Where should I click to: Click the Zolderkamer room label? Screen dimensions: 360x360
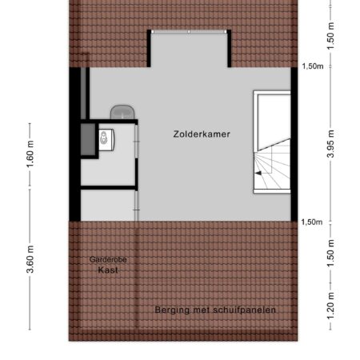coord(202,134)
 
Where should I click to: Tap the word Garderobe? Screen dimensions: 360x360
coord(108,259)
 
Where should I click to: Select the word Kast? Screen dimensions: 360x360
coord(108,270)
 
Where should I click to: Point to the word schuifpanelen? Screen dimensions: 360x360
coord(245,310)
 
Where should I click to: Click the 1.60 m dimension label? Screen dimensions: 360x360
coord(30,154)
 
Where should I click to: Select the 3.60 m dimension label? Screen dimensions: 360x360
coord(30,259)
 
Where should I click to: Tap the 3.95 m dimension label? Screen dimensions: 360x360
coord(330,144)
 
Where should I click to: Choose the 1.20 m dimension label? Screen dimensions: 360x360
coord(330,306)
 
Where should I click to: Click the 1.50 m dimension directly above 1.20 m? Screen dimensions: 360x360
coord(330,254)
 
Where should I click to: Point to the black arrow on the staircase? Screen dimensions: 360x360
coord(258,174)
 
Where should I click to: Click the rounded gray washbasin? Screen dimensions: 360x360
coord(122,112)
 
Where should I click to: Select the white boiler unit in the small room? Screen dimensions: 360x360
coord(106,140)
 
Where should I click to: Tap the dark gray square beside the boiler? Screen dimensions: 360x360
coord(88,139)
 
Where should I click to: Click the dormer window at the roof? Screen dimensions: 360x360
coord(189,32)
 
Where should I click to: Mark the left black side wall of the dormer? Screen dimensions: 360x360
coord(149,48)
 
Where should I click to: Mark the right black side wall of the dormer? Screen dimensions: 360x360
coord(230,48)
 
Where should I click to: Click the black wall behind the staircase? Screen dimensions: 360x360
coord(294,144)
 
